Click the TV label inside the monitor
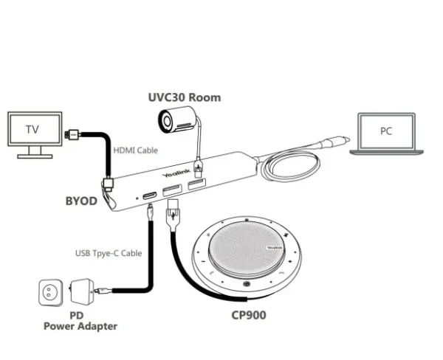pos(32,130)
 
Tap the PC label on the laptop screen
pos(385,131)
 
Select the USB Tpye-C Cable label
pos(108,254)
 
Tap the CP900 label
pos(247,315)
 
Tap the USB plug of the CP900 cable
pos(173,218)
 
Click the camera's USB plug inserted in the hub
pos(196,167)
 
